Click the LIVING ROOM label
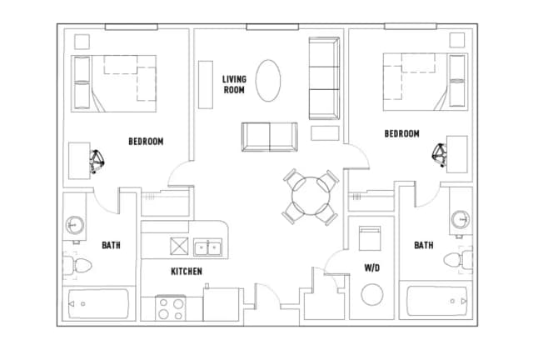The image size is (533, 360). click(234, 84)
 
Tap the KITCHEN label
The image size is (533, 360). click(187, 271)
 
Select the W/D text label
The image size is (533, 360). click(372, 268)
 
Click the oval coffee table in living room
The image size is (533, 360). click(268, 81)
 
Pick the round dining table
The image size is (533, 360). click(311, 196)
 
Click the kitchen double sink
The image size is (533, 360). click(207, 247)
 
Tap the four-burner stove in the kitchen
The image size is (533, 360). click(171, 308)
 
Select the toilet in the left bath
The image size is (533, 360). click(77, 266)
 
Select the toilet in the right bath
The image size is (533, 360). click(457, 260)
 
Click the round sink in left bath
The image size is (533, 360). click(74, 224)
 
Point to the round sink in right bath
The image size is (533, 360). click(461, 219)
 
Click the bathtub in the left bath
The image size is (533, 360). click(98, 304)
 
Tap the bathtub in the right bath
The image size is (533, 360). click(436, 301)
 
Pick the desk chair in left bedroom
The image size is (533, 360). click(97, 162)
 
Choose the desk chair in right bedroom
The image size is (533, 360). click(440, 155)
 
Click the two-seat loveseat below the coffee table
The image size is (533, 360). click(270, 137)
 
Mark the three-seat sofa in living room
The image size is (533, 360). click(324, 78)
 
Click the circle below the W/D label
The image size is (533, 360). click(372, 295)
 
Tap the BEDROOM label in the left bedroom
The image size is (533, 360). click(146, 141)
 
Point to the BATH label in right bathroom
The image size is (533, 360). click(424, 245)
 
